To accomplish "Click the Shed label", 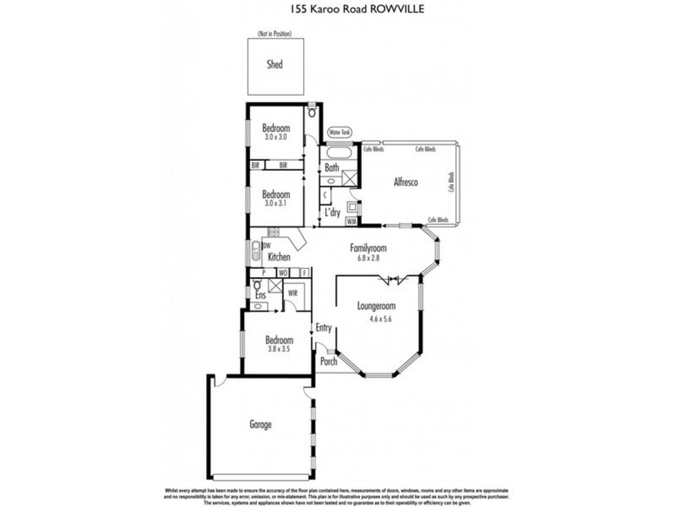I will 275,64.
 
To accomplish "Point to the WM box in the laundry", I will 352,221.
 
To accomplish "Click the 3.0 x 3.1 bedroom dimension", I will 275,204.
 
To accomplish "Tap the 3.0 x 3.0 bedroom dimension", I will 275,137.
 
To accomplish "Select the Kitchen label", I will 279,257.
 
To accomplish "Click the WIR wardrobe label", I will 292,292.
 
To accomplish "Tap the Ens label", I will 260,296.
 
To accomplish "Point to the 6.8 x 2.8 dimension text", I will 368,259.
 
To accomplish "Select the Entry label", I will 323,329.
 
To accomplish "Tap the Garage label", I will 260,424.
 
